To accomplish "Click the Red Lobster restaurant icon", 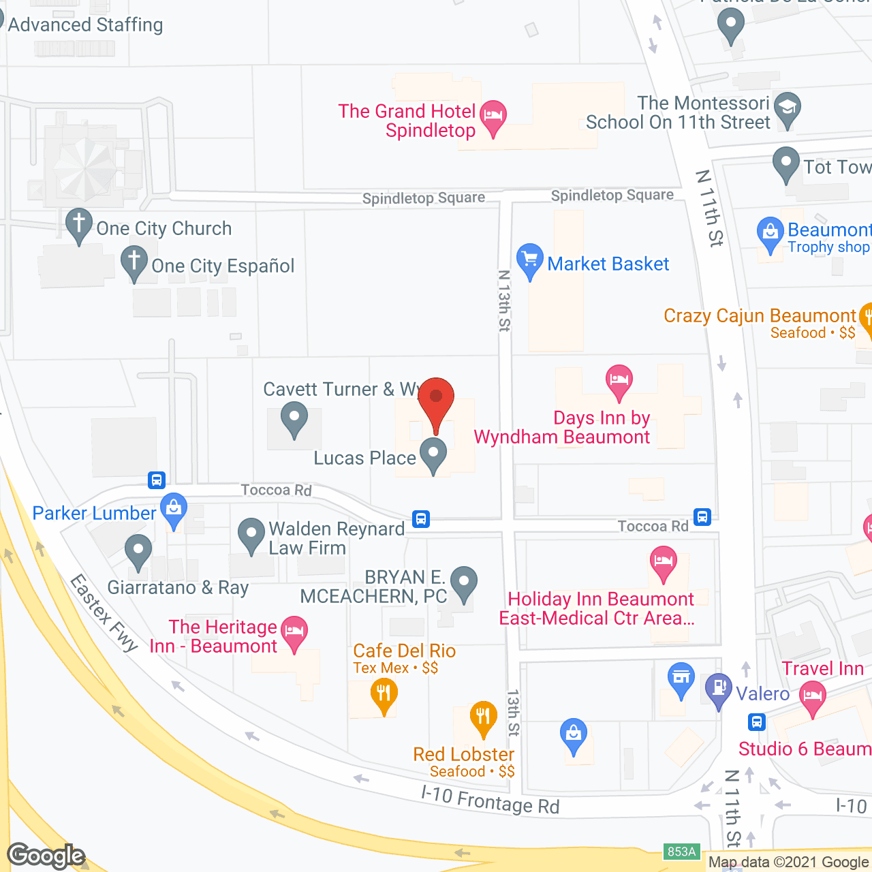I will pyautogui.click(x=483, y=717).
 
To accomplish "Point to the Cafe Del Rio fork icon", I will pyautogui.click(x=384, y=694).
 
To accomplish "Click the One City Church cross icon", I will pyautogui.click(x=79, y=223).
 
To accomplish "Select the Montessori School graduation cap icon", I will pyautogui.click(x=788, y=108).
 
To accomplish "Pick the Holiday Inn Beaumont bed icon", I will pyautogui.click(x=664, y=561).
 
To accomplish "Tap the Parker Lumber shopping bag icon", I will pyautogui.click(x=174, y=508).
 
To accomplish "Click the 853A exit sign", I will pyautogui.click(x=681, y=852).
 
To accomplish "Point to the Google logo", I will pyautogui.click(x=46, y=856).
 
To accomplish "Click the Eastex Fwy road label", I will pyautogui.click(x=104, y=612).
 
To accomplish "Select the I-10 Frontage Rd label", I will pyautogui.click(x=490, y=800).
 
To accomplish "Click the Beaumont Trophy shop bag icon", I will pyautogui.click(x=770, y=232).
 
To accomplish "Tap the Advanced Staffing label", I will pyautogui.click(x=85, y=25).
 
